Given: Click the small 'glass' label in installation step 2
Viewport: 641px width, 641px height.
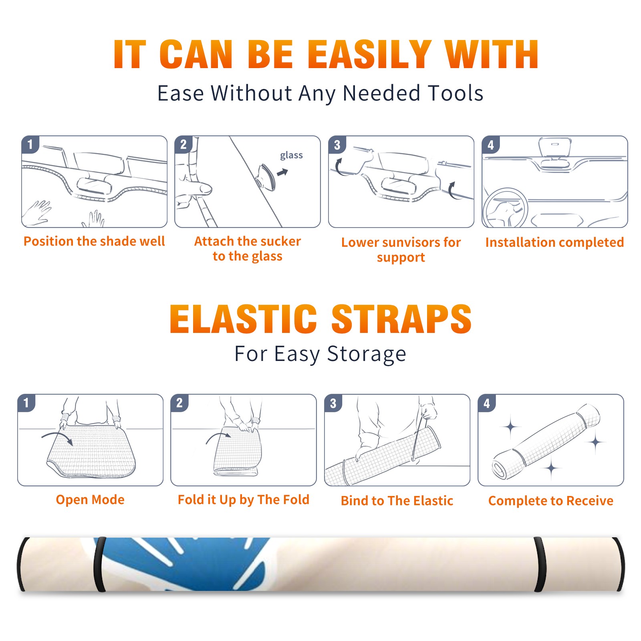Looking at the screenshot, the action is tap(291, 155).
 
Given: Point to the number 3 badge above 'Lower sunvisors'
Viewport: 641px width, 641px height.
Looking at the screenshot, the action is tap(337, 145).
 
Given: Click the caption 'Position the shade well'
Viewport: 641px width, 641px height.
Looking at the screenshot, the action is tap(94, 241).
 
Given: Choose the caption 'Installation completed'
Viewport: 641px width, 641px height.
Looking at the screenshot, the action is tap(554, 242).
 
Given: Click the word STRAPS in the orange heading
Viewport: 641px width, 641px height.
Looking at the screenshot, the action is tap(401, 319).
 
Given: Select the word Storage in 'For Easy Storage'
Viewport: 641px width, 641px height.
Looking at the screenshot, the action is tap(367, 354).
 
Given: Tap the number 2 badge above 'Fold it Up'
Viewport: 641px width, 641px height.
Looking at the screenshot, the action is tap(179, 403).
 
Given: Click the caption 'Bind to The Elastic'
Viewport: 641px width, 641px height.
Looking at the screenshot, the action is tap(397, 501).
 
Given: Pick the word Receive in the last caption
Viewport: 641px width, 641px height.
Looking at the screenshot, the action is tap(590, 501).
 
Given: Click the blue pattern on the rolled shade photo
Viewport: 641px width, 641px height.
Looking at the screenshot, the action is tap(184, 563).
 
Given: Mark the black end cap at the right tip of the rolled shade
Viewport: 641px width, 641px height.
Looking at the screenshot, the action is tap(619, 564).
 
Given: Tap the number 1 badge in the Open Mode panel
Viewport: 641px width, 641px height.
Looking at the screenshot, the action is tap(26, 403).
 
